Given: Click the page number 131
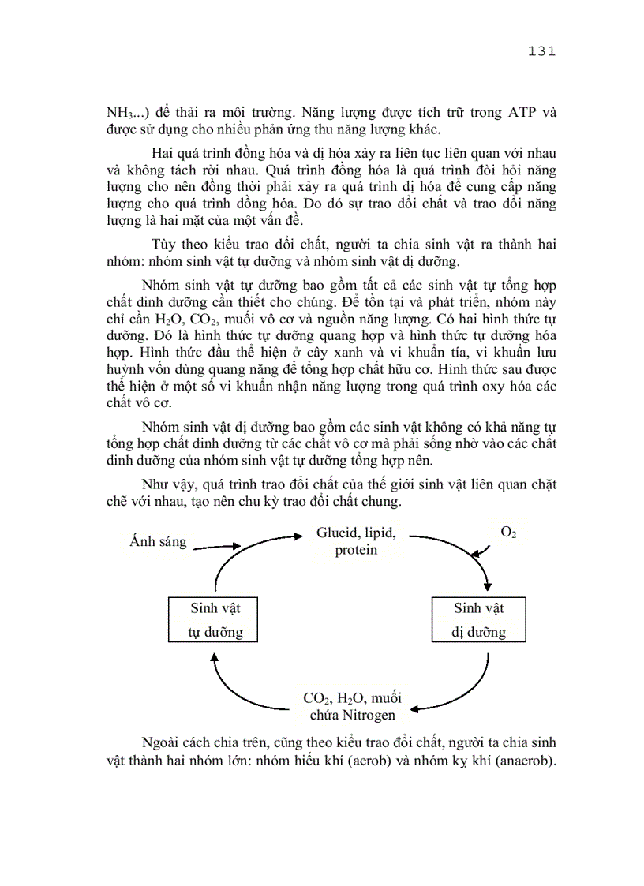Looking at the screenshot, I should pos(540,51).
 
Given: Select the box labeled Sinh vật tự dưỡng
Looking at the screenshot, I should pos(215,619).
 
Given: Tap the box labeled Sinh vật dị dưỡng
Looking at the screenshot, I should pos(478,619).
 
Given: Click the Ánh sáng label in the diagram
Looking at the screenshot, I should pos(158,541).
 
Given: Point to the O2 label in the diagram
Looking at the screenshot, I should pos(508,533).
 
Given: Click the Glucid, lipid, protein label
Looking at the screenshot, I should pos(356,541).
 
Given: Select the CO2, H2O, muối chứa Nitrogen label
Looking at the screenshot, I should pos(352,706).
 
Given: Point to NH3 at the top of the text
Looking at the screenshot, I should pos(120,113).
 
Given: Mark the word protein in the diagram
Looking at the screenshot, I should pos(356,550).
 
